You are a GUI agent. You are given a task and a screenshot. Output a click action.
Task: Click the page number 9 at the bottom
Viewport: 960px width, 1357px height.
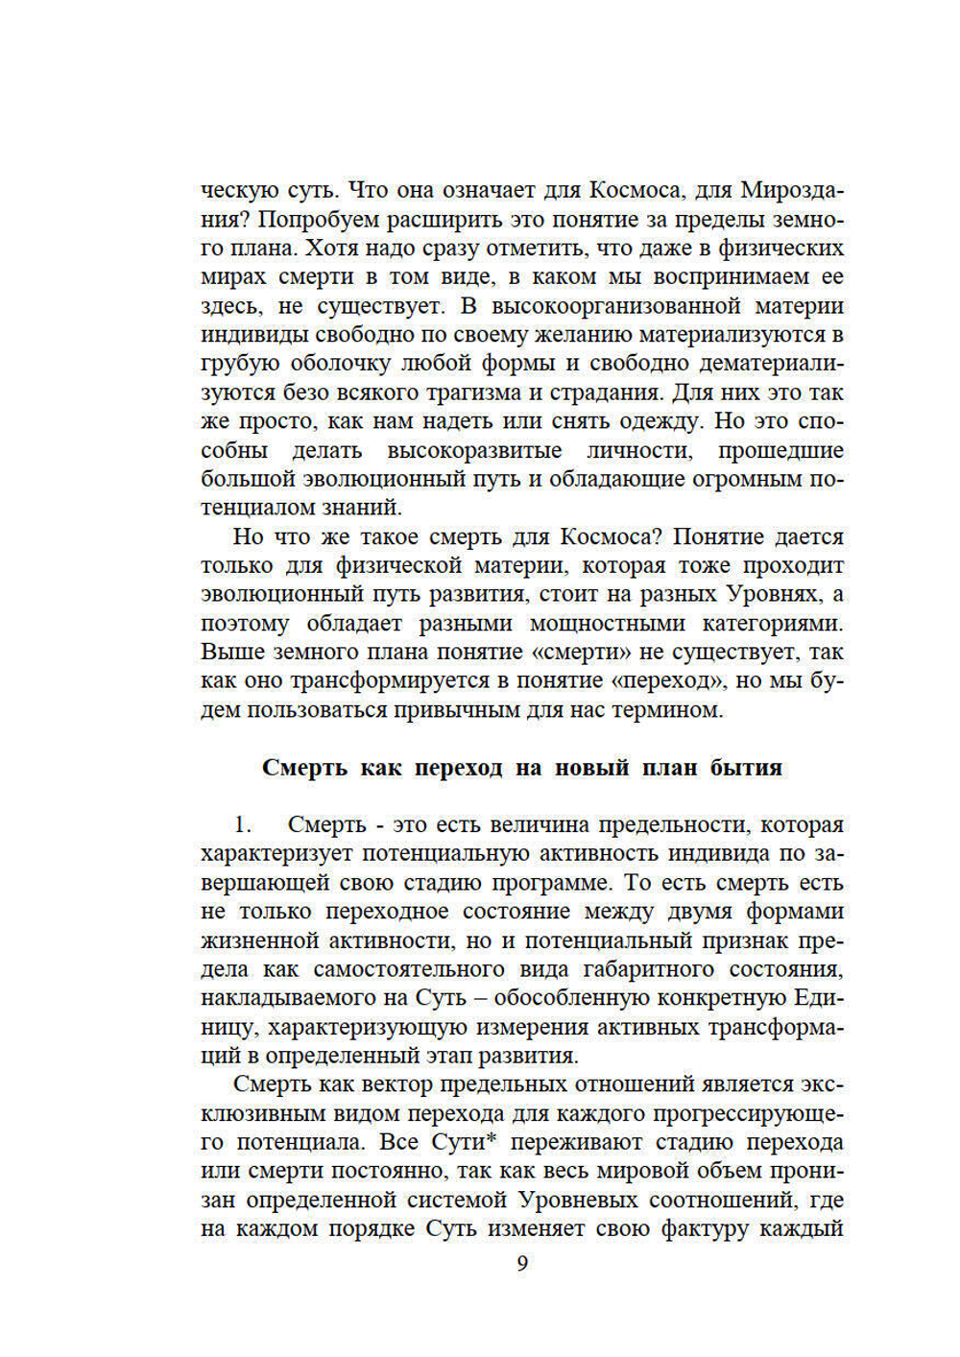522,1263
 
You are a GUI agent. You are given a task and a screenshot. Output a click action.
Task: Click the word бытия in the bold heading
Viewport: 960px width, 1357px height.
746,768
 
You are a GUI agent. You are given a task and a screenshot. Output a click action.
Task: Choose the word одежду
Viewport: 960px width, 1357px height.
658,421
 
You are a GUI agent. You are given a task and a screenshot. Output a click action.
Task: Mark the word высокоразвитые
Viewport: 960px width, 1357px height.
474,450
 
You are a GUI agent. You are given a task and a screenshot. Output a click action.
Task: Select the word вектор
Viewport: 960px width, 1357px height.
398,1084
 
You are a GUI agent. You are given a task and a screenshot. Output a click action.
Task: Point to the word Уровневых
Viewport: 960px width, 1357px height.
579,1200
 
